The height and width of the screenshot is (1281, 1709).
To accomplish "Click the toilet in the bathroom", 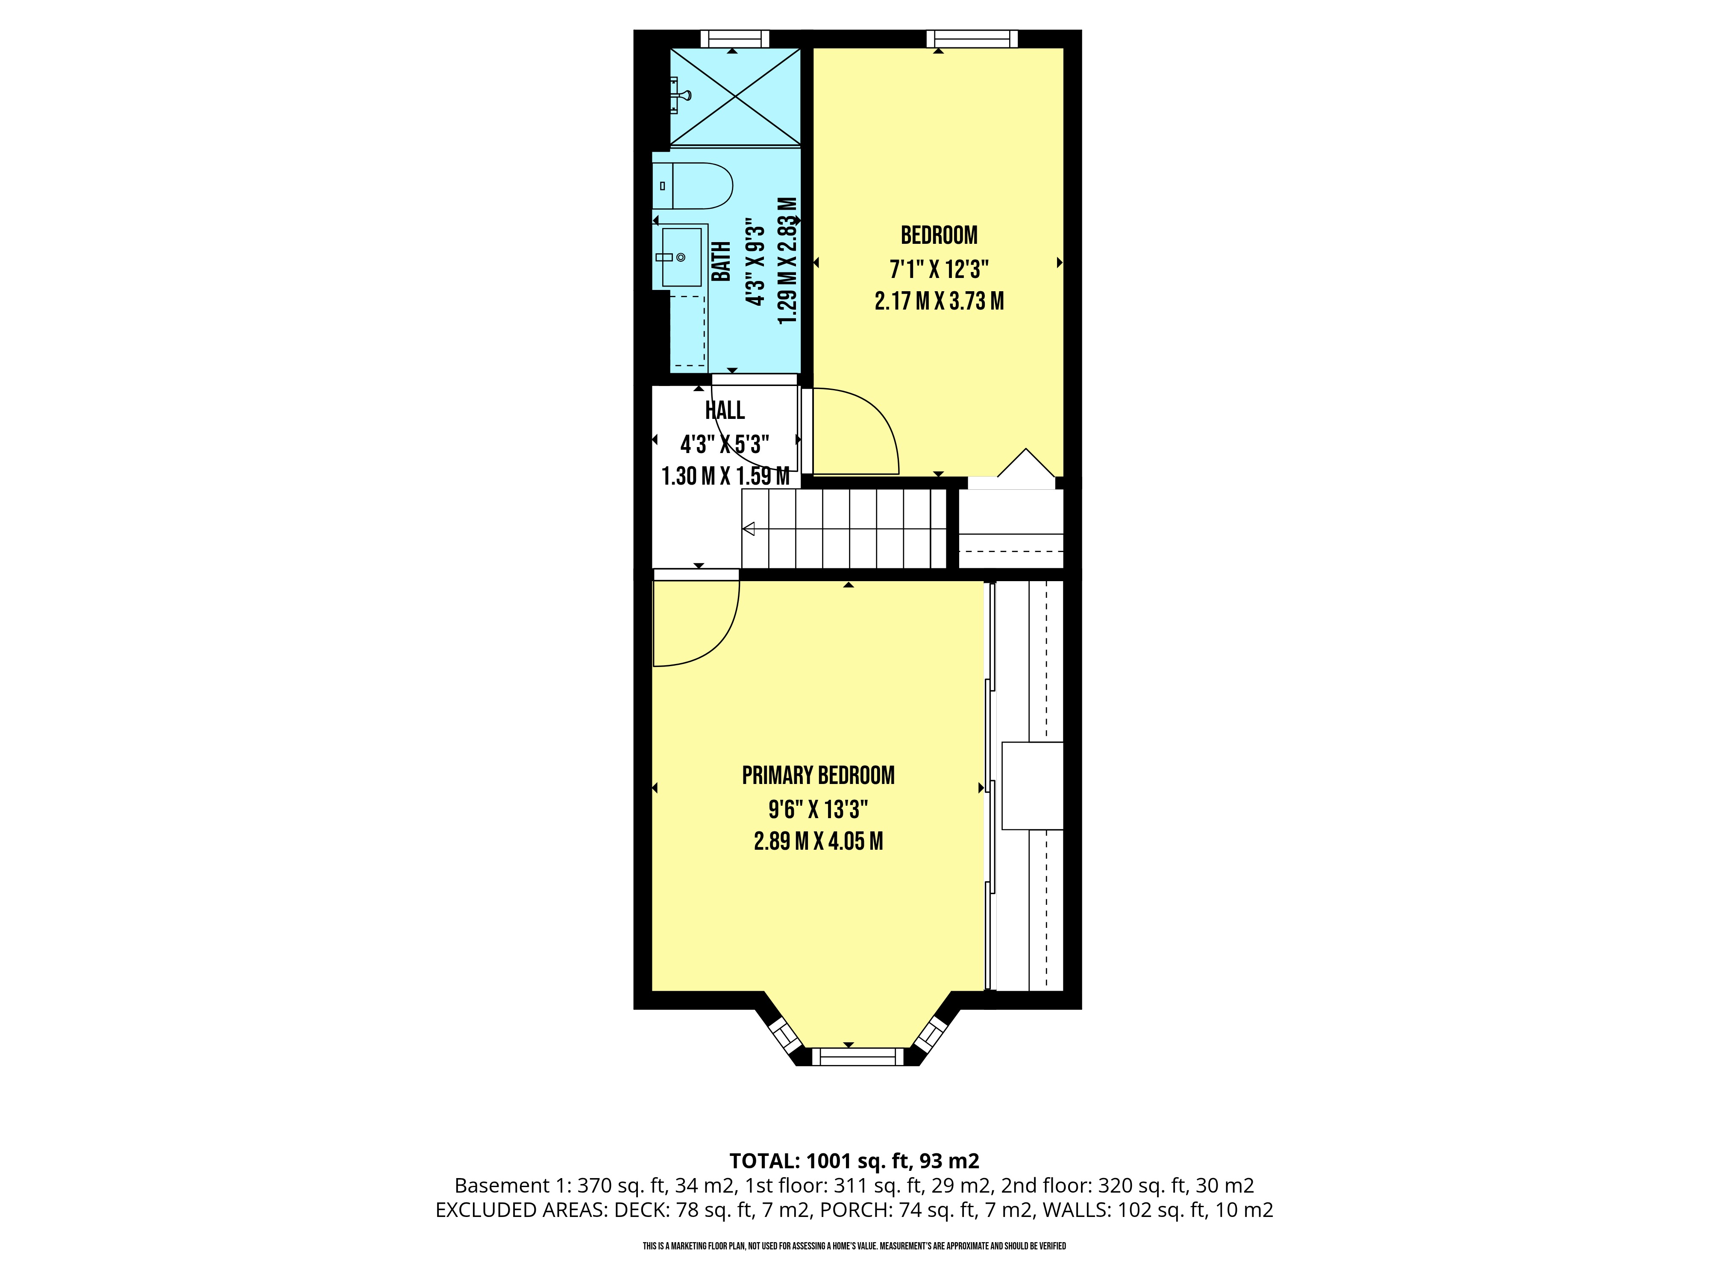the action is pos(693,186).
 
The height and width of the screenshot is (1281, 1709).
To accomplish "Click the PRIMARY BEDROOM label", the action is pos(818,775).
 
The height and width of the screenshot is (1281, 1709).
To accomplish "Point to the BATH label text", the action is pos(721,262).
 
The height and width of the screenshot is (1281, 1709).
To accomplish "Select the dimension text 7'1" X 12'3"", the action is pos(939,269).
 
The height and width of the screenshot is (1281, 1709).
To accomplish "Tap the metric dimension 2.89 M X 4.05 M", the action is pos(818,841).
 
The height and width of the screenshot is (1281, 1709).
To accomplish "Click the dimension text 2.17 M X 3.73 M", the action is pos(939,301).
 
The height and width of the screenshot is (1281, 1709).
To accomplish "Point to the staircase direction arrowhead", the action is pos(748,529).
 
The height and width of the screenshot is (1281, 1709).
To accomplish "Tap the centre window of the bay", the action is pos(857,1056).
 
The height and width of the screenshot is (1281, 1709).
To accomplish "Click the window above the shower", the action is pos(735,38).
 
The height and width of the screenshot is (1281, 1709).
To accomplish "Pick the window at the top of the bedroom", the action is pos(972,38).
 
